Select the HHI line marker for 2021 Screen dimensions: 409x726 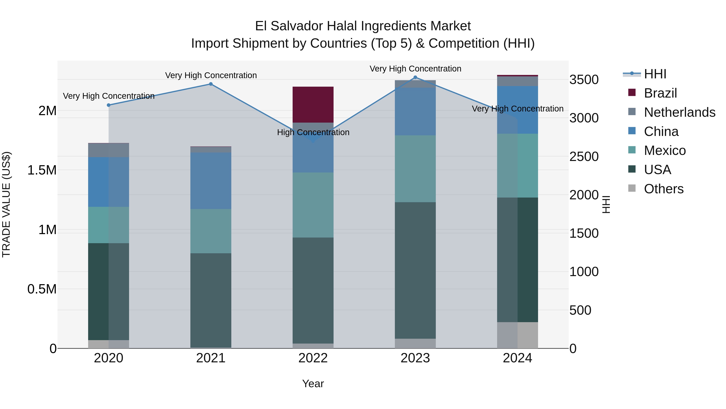click(x=211, y=84)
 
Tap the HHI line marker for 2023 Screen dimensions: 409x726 click(x=415, y=77)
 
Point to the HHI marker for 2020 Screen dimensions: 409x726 click(x=109, y=105)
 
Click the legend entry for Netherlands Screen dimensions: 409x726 click(x=679, y=112)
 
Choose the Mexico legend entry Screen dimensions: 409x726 click(x=664, y=150)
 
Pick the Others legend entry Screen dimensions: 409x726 click(x=663, y=189)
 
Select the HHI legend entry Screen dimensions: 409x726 click(x=655, y=74)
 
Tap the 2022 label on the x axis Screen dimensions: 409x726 click(x=313, y=358)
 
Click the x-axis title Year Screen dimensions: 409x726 click(x=313, y=384)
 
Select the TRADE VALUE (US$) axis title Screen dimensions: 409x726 click(x=6, y=204)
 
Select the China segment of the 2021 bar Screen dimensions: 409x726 click(x=211, y=181)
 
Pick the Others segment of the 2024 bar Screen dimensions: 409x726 click(x=517, y=335)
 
